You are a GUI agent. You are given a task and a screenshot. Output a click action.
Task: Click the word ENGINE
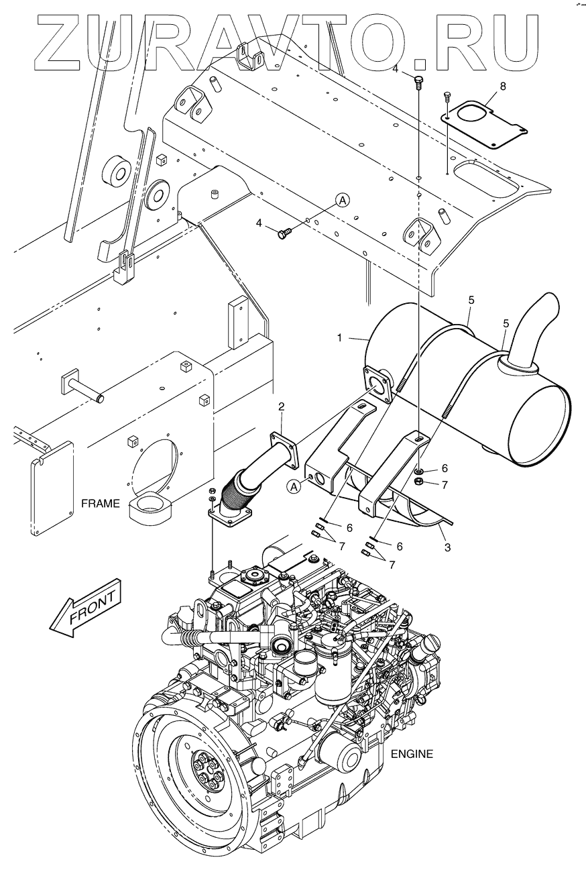coord(412,753)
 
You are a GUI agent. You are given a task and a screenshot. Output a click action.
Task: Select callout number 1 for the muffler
coord(340,338)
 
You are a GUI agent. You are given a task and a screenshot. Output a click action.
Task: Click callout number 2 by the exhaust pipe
coord(282,406)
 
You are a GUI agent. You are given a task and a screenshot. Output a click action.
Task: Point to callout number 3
coord(447,547)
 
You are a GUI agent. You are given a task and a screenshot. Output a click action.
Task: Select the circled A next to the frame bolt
coord(342,199)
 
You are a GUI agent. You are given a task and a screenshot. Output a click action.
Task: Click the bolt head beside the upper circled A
coord(284,232)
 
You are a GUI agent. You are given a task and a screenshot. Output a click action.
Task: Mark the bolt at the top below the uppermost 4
coord(419,82)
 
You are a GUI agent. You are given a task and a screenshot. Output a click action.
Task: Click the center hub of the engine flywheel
coord(212,773)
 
